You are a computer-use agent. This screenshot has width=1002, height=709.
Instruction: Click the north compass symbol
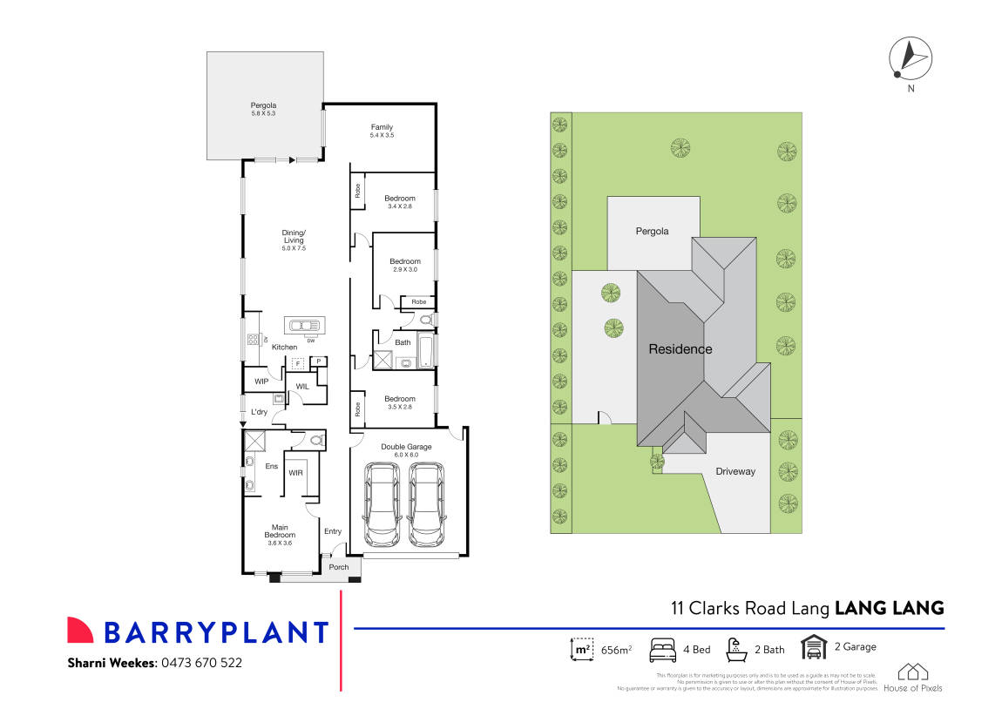(x=910, y=59)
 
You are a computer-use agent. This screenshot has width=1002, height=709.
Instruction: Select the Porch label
(x=338, y=567)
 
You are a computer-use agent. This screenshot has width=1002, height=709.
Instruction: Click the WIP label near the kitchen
(x=261, y=382)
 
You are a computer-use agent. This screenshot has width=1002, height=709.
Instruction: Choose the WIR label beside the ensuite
(x=295, y=473)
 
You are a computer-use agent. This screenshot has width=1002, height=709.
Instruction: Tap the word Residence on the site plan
(x=680, y=349)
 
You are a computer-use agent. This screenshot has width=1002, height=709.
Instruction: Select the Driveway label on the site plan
(x=735, y=471)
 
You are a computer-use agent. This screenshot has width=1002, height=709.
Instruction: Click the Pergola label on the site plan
(x=652, y=232)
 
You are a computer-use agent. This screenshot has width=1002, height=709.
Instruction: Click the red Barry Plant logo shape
(x=80, y=631)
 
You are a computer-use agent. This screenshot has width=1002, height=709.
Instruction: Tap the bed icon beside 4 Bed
(x=664, y=649)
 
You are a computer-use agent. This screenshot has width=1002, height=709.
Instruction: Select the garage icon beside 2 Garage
(x=813, y=647)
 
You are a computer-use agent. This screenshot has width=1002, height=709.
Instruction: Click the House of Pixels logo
(x=912, y=677)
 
